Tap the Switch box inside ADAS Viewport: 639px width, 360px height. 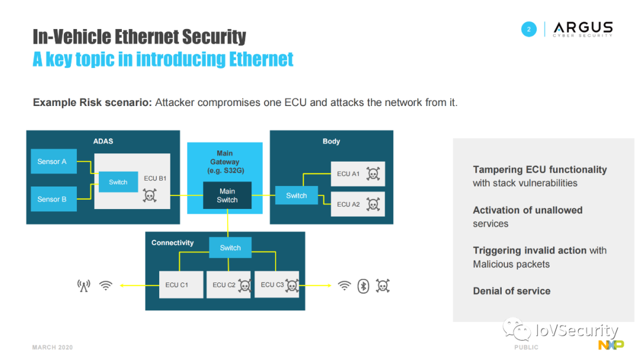(118, 182)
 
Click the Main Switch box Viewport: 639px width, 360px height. (227, 195)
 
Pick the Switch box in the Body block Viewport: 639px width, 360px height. (296, 195)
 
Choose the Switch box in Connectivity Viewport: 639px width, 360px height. (230, 247)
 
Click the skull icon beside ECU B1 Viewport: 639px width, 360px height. (150, 195)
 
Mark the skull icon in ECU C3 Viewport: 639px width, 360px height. (292, 285)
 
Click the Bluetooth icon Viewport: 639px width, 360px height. (363, 286)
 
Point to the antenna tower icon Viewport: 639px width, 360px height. (83, 286)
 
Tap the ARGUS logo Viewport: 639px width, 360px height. (583, 29)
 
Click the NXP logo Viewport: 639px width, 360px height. (611, 345)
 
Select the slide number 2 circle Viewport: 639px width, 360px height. (529, 29)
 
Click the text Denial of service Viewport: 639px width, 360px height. (512, 291)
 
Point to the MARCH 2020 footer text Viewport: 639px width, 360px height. (53, 348)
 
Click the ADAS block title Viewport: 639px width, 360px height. (103, 142)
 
